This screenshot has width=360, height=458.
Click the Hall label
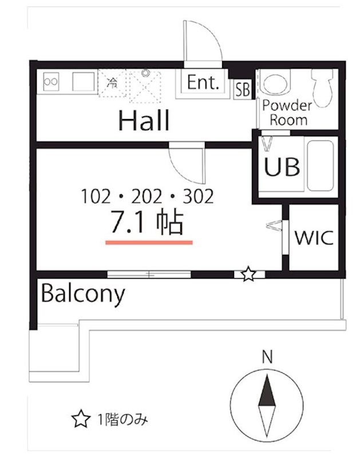click(x=144, y=120)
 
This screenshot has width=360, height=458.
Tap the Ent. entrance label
click(x=203, y=82)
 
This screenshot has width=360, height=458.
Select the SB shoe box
click(x=243, y=90)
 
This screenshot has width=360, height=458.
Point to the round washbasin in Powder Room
click(x=275, y=82)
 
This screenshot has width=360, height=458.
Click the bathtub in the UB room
click(x=321, y=165)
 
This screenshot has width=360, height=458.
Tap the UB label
click(x=282, y=167)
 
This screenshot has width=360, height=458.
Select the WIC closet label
click(x=314, y=238)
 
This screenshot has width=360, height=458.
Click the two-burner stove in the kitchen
click(x=51, y=81)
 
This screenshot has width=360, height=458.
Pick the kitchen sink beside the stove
click(x=84, y=81)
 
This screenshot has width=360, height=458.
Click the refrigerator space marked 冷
click(x=112, y=83)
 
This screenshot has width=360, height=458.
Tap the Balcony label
click(x=83, y=294)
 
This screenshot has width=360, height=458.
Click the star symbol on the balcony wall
click(x=248, y=274)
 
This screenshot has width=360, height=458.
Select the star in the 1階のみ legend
click(x=81, y=418)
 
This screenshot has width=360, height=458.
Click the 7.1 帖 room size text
click(x=147, y=223)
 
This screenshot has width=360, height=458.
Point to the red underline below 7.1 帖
click(x=149, y=242)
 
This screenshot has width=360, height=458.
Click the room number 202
click(x=147, y=196)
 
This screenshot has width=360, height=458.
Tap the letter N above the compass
click(x=267, y=357)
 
